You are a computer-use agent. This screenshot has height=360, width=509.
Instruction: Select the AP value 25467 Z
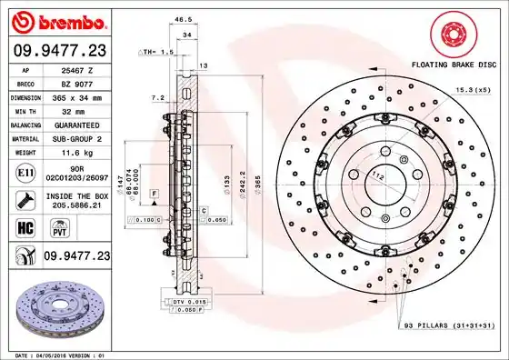pos(84,70)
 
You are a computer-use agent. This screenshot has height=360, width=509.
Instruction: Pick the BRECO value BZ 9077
pos(84,83)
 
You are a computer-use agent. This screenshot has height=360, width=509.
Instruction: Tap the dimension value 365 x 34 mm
pos(84,95)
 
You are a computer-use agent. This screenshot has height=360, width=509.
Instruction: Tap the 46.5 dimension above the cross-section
pos(182,18)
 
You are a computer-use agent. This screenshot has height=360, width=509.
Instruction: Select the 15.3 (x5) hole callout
pos(472,88)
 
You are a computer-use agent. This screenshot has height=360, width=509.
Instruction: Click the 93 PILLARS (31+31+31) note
pos(447,325)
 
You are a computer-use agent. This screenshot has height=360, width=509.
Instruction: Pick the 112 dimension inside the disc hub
pos(377,174)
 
